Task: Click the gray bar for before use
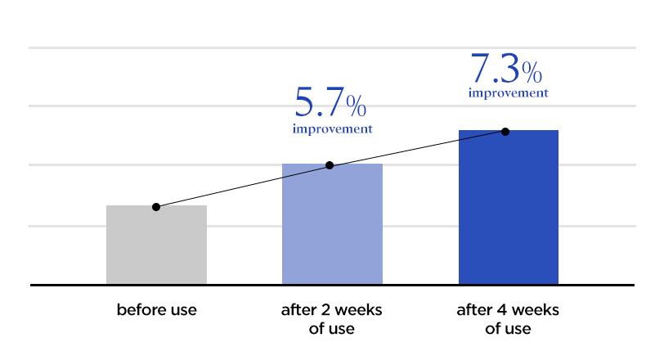tap(156, 245)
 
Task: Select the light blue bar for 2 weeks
tap(332, 225)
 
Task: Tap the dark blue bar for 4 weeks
tap(508, 209)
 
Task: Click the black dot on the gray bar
tap(156, 207)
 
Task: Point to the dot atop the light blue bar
tap(330, 165)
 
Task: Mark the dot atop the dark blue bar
tap(505, 131)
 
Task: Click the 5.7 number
tap(318, 103)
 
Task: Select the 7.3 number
tap(494, 68)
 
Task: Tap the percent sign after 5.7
tap(355, 106)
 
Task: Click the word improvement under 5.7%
tap(332, 129)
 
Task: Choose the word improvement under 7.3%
tap(508, 93)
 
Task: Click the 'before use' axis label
tap(156, 311)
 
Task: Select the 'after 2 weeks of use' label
tap(332, 320)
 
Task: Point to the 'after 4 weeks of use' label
tap(508, 320)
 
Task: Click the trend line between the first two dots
tap(243, 187)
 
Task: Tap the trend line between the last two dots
tap(417, 148)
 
